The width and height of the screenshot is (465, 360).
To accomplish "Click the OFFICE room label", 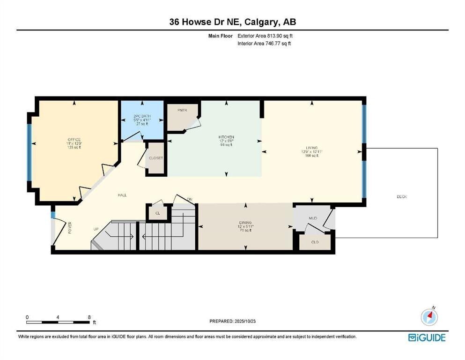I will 74,140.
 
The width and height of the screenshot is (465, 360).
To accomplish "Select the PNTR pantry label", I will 182,110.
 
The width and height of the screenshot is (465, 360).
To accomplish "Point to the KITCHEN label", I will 226,137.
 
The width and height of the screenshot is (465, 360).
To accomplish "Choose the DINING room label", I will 246,222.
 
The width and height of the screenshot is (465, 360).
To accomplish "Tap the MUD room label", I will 313,218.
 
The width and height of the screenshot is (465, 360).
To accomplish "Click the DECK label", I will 401,196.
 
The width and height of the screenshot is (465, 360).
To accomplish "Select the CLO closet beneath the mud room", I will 315,242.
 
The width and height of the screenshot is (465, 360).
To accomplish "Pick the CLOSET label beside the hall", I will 156,158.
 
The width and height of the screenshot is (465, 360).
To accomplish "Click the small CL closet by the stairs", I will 158,212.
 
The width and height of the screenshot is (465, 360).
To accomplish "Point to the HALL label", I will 122,195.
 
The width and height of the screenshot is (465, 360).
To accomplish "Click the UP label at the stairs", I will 96,229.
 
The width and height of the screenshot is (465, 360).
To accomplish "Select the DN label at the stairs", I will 190,200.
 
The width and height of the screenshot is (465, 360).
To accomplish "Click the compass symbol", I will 429,317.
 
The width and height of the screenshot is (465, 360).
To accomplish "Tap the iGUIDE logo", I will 427,337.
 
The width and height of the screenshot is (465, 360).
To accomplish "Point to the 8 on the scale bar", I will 89,317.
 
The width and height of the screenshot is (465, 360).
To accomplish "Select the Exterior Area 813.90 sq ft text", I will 266,36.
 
